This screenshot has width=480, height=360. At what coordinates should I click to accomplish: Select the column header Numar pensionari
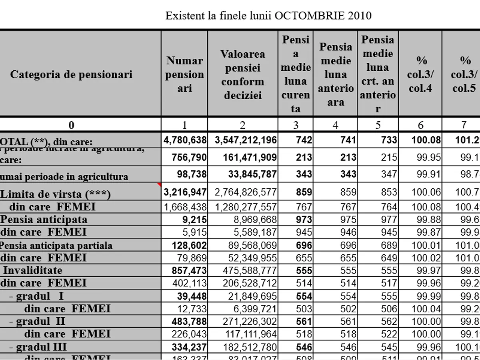coord(184,74)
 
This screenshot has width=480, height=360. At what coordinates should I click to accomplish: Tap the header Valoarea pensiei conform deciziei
coord(242,74)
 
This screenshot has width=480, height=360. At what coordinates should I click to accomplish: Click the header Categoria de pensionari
coord(71,74)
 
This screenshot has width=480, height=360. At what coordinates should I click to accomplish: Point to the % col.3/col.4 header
coord(420,74)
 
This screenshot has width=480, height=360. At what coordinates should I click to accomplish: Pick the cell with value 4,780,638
coord(185,140)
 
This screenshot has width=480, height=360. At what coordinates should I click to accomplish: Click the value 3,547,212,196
coord(246,140)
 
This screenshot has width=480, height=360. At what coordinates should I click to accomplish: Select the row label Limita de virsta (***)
coord(56,194)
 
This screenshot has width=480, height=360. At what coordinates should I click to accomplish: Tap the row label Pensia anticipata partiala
coord(56,245)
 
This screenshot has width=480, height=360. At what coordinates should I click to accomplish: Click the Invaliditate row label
coord(33,270)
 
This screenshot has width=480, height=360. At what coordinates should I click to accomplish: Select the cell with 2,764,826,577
coord(246,192)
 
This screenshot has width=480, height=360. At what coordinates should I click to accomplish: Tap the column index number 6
coord(420,125)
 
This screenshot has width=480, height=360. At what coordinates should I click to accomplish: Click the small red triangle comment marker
coord(160,185)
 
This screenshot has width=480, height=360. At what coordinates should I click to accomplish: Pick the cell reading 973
coord(304,220)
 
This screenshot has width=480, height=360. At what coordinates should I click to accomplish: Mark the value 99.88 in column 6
coord(429,220)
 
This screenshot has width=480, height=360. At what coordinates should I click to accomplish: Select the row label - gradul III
coord(38,346)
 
